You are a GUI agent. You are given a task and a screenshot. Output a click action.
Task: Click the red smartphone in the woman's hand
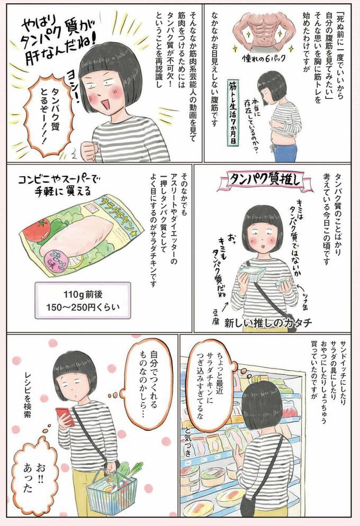point(62,416)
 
